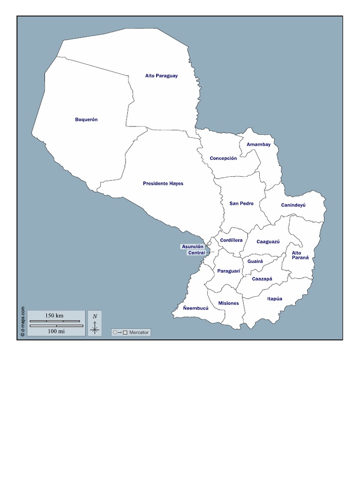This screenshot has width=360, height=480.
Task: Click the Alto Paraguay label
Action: coord(161,76)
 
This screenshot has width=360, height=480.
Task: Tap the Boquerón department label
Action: coord(86,120)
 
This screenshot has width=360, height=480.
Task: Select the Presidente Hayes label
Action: coord(163,184)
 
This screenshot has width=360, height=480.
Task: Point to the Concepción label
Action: coord(223,158)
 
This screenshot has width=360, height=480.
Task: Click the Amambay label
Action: coord(258,144)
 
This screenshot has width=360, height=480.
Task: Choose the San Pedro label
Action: coord(241,203)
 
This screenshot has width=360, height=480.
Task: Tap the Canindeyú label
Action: coord(293,205)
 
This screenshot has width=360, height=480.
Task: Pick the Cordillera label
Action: coord(231,240)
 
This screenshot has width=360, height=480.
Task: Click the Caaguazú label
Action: coord(268,242)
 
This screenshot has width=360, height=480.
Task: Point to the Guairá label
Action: coord(255,261)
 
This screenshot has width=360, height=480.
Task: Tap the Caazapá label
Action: coord(262,279)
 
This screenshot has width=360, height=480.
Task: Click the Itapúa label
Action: coord(275,299)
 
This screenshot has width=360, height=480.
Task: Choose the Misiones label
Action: coord(228,303)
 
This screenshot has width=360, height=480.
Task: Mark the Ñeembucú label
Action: coord(195,308)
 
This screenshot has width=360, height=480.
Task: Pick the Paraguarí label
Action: coord(229,271)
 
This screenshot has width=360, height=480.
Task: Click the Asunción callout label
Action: coord(193,247)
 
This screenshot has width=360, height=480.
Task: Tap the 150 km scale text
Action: coord(54,315)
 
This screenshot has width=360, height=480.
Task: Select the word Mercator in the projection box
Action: coord(139,332)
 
